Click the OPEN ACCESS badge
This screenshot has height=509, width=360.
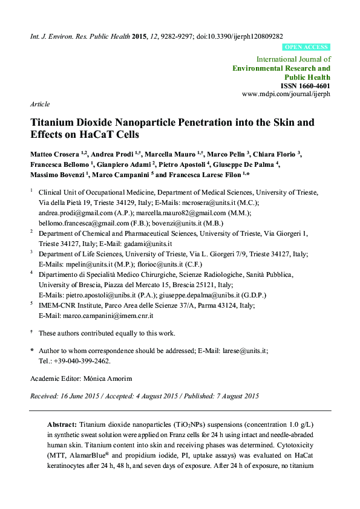(x=306, y=47)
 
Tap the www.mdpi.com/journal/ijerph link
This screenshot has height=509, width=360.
(x=286, y=94)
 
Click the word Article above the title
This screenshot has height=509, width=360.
(x=40, y=104)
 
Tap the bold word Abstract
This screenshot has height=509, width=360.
(x=62, y=424)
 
